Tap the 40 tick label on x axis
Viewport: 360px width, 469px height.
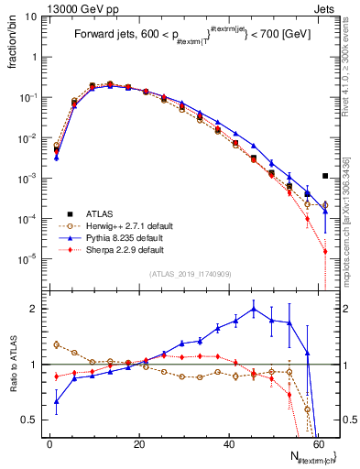[228, 444]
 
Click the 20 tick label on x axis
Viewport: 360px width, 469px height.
[139, 444]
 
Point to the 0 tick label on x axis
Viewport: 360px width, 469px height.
[49, 444]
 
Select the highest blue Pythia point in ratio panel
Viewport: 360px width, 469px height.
[254, 309]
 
